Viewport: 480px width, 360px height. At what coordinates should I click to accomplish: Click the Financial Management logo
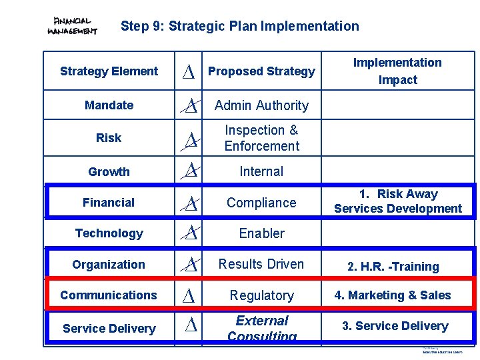tap(73, 27)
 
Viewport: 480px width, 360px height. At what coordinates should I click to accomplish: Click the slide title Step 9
tap(239, 27)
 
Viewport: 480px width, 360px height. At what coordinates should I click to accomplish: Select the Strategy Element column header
tap(109, 71)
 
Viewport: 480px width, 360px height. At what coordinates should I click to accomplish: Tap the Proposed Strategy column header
tap(261, 71)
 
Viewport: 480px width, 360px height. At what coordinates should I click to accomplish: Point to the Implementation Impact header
tap(397, 71)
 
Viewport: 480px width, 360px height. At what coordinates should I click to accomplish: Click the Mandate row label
tap(109, 105)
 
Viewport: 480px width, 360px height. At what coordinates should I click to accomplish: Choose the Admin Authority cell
tap(261, 105)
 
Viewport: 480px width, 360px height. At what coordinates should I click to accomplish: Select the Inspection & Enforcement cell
tap(261, 138)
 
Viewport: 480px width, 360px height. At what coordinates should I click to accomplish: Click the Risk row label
tap(109, 138)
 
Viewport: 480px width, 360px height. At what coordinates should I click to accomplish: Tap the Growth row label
tap(109, 172)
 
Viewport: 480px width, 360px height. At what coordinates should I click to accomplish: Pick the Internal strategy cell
tap(261, 171)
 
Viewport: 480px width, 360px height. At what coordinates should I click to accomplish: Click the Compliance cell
tap(261, 203)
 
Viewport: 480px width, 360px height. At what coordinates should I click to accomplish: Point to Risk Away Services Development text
tap(397, 201)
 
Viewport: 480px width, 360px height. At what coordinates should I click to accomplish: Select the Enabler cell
tap(261, 233)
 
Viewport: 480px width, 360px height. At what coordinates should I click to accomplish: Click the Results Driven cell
tap(261, 264)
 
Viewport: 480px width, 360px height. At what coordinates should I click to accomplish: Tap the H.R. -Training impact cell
tap(393, 267)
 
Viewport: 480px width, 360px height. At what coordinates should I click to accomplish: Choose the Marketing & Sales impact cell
tap(393, 295)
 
